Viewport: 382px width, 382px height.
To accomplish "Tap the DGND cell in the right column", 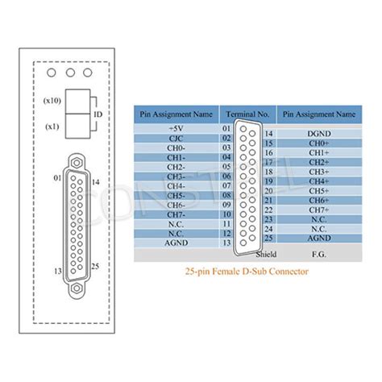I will click(318, 133).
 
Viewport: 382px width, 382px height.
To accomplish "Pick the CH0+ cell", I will click(318, 143).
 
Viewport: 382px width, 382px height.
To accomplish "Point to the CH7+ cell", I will click(318, 210).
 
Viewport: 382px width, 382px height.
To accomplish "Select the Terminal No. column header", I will click(247, 114).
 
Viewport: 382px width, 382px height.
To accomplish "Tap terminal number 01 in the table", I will click(227, 127).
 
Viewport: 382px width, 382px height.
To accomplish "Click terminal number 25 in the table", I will click(269, 238).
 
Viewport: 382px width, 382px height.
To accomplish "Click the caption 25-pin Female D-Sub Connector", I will click(247, 272).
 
